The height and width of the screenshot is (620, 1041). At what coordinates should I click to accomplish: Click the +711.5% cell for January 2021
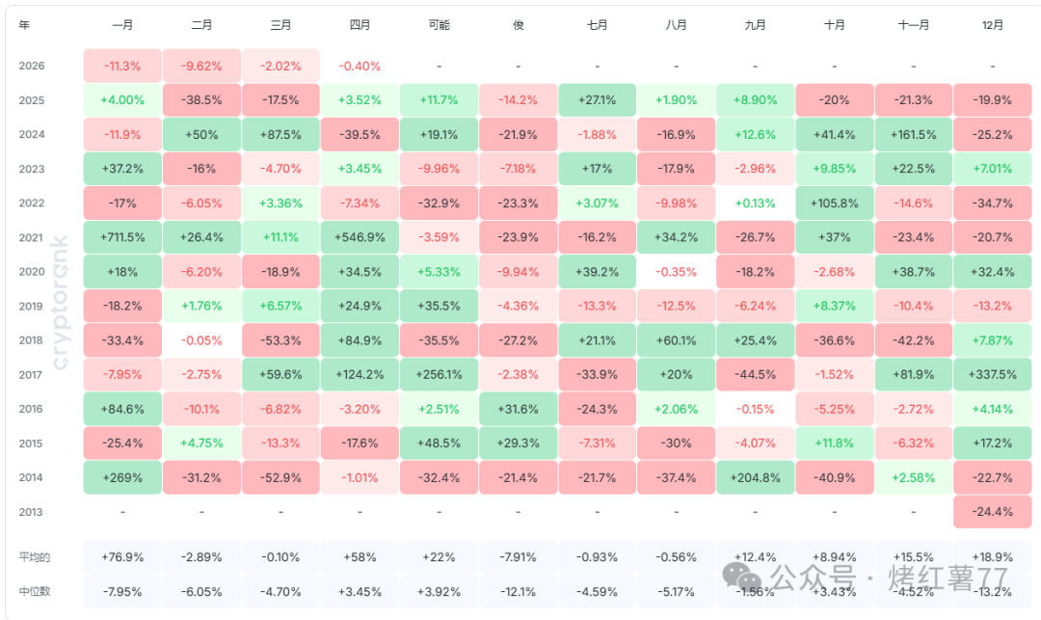[122, 237]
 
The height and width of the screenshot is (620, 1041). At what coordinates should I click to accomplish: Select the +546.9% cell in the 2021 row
[360, 237]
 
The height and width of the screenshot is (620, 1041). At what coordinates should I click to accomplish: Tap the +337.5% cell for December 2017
[993, 374]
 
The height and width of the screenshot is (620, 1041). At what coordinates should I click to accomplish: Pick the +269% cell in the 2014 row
[122, 477]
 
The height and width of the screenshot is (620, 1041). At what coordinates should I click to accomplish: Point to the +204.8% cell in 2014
[755, 477]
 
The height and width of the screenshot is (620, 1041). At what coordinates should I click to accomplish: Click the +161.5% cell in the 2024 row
[914, 135]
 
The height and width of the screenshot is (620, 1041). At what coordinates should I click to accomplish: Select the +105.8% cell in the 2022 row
[835, 203]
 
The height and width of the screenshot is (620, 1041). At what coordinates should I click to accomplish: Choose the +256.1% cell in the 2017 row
[439, 374]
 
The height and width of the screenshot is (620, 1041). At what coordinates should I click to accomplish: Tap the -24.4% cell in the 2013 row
[993, 512]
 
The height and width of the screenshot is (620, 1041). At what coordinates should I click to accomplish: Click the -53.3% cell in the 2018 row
[280, 340]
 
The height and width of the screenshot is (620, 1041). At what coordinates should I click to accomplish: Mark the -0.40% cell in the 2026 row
[360, 67]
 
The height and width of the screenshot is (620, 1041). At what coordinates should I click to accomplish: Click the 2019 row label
[32, 307]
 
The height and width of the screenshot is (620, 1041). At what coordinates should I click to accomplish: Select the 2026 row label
[32, 67]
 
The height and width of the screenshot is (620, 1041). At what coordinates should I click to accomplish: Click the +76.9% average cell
[122, 557]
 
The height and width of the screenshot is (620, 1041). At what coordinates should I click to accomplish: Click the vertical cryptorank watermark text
[60, 299]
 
